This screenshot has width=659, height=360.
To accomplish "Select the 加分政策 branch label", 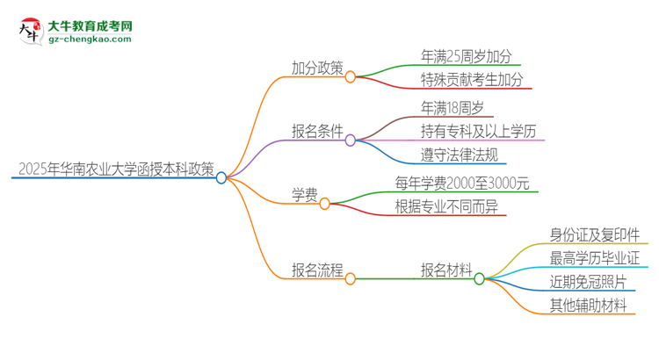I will point(317,68).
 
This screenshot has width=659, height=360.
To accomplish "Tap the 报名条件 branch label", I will point(317,133).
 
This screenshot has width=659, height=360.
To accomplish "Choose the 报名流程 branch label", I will point(317,270).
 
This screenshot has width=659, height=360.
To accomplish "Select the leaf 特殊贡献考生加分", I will point(472,80).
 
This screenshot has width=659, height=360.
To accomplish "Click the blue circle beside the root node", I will point(221,177).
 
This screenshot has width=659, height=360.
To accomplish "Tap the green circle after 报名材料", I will point(479,279).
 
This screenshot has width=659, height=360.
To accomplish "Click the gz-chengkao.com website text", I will point(90,40).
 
